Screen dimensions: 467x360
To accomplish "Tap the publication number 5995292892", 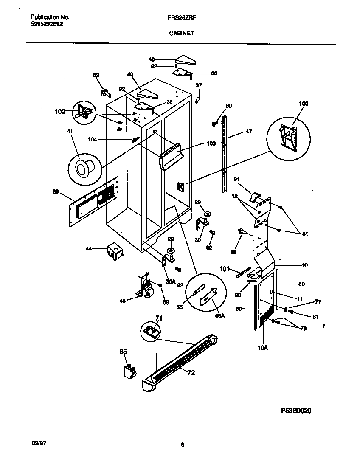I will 47,24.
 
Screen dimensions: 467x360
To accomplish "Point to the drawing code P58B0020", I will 299,411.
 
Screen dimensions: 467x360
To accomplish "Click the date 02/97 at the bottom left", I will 39,442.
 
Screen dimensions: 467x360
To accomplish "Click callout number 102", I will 60,112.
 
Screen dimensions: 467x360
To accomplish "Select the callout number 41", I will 70,132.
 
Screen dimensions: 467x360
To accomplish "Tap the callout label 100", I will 304,104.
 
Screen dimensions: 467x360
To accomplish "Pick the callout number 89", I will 56,192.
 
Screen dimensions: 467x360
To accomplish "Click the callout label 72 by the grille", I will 191,373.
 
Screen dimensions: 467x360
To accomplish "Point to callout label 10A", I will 263,347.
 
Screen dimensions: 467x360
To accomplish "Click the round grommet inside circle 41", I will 82,169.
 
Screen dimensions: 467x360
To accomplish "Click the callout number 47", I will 249,132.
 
